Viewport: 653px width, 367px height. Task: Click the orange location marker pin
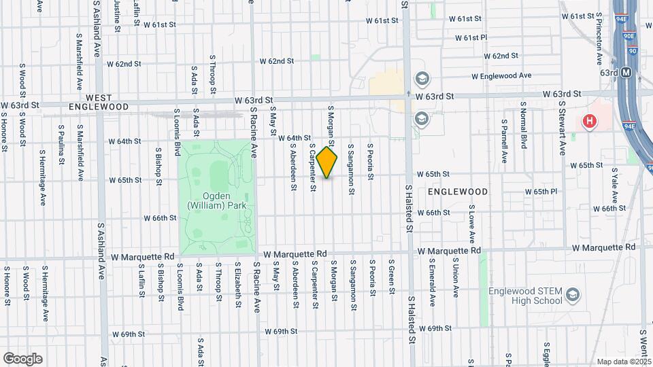pos(327,162)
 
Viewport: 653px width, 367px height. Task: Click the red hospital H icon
pos(589,122)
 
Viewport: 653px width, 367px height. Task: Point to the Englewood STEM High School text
pos(525,297)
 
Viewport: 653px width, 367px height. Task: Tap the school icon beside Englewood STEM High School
pos(573,294)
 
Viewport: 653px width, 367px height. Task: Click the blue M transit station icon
pos(626,71)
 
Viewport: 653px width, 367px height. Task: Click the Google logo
pos(22,358)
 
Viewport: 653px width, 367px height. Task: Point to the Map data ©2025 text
pos(623,362)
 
